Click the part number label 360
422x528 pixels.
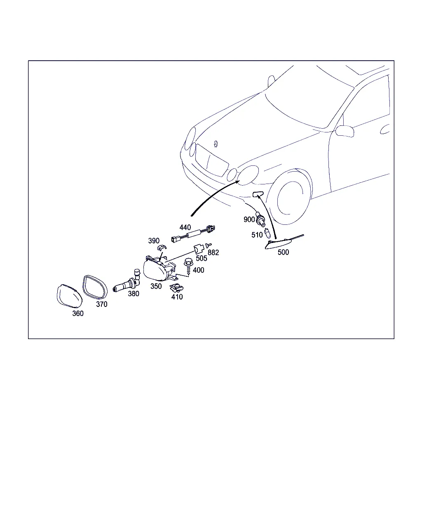[78, 313]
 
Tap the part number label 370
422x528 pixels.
[101, 304]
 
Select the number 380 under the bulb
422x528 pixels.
[134, 294]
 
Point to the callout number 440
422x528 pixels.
[185, 227]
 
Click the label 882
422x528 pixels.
[213, 252]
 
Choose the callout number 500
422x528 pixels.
[283, 252]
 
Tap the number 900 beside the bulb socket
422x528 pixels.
[249, 219]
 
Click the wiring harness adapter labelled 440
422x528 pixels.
[193, 234]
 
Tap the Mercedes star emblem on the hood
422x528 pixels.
[216, 144]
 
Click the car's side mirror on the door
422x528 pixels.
[345, 131]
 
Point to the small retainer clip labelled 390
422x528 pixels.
[162, 247]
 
